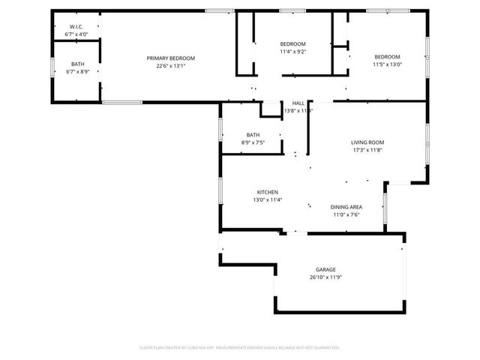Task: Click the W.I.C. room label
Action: [76, 26]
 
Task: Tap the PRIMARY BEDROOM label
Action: [170, 58]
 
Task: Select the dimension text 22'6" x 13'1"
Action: [170, 66]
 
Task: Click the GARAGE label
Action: [325, 269]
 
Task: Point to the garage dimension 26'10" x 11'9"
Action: [325, 277]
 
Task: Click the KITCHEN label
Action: [268, 192]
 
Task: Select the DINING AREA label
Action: [346, 207]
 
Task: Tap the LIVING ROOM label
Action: [367, 142]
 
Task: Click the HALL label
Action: [298, 103]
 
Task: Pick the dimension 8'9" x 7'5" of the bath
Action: [253, 142]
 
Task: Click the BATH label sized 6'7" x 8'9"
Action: [77, 64]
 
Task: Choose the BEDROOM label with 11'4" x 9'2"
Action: [292, 44]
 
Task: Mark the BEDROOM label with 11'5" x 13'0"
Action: [387, 57]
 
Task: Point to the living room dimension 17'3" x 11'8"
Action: [367, 150]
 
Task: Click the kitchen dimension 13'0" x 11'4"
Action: [268, 199]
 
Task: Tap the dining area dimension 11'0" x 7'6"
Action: [346, 214]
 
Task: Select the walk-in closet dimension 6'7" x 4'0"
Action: [76, 34]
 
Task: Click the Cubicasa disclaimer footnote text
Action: [240, 347]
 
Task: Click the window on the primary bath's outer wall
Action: [52, 67]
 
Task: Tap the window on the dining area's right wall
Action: [384, 208]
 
